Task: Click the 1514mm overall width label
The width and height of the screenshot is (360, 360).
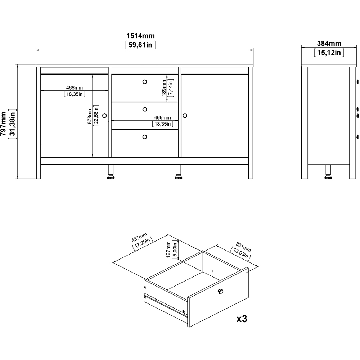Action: pyautogui.click(x=140, y=35)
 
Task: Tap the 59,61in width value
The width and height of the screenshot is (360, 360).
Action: pyautogui.click(x=140, y=45)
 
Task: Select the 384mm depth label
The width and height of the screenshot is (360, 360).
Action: pyautogui.click(x=329, y=44)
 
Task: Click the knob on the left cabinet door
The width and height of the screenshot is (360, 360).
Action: pyautogui.click(x=105, y=116)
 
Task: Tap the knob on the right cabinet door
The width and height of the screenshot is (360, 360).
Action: pyautogui.click(x=185, y=116)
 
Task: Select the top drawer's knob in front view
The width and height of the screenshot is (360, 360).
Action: pyautogui.click(x=145, y=82)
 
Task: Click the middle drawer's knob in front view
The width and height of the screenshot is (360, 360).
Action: pyautogui.click(x=145, y=109)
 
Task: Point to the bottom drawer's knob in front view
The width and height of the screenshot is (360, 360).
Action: pyautogui.click(x=145, y=136)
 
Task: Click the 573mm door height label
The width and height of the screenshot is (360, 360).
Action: pyautogui.click(x=90, y=116)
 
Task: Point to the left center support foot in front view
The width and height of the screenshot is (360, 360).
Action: pyautogui.click(x=111, y=172)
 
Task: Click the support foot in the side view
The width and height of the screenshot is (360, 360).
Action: pyautogui.click(x=328, y=172)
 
